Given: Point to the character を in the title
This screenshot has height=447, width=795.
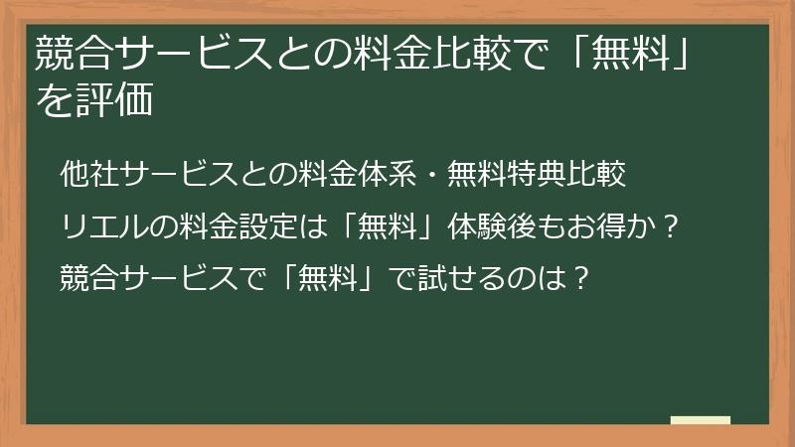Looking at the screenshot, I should [53, 101].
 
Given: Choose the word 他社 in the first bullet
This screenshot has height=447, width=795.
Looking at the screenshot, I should [88, 175].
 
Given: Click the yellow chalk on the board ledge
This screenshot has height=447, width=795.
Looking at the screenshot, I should [701, 421].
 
